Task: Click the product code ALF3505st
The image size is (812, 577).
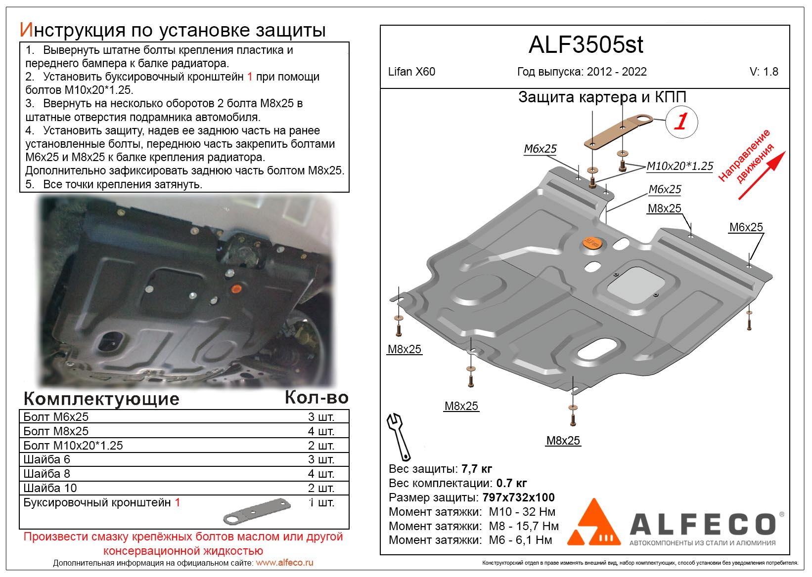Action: pyautogui.click(x=586, y=45)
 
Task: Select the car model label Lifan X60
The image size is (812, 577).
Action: pyautogui.click(x=411, y=72)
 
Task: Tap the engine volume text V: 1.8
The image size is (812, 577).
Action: pyautogui.click(x=764, y=72)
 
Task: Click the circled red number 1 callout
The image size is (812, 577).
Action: pyautogui.click(x=681, y=122)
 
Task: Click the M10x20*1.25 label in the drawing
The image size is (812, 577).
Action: pyautogui.click(x=680, y=166)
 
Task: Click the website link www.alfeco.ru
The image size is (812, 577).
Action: pyautogui.click(x=284, y=563)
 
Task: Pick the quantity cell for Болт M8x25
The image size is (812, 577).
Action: pyautogui.click(x=321, y=431)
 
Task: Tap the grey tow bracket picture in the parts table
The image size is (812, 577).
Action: pyautogui.click(x=256, y=511)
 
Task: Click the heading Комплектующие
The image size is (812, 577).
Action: pyautogui.click(x=101, y=399)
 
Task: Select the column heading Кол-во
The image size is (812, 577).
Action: pyautogui.click(x=316, y=398)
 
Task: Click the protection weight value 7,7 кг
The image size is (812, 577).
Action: pyautogui.click(x=476, y=469)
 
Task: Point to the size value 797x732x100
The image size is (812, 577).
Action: pyautogui.click(x=518, y=497)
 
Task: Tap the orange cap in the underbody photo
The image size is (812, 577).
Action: pyautogui.click(x=236, y=288)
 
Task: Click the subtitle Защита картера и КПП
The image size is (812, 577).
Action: pyautogui.click(x=602, y=97)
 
